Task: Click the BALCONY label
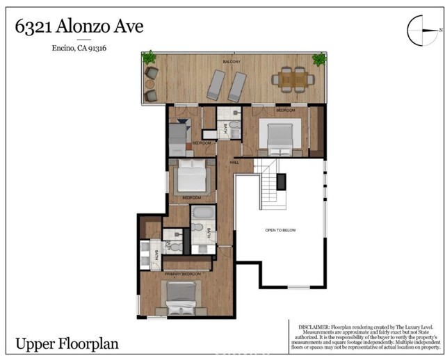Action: coord(232,62)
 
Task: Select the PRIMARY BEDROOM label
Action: coord(183,275)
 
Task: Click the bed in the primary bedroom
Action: coord(183,300)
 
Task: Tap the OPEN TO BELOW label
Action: coord(280,230)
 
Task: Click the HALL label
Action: coord(234,162)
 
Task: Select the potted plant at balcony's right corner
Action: coord(319,60)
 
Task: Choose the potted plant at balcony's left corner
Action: coord(149,58)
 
